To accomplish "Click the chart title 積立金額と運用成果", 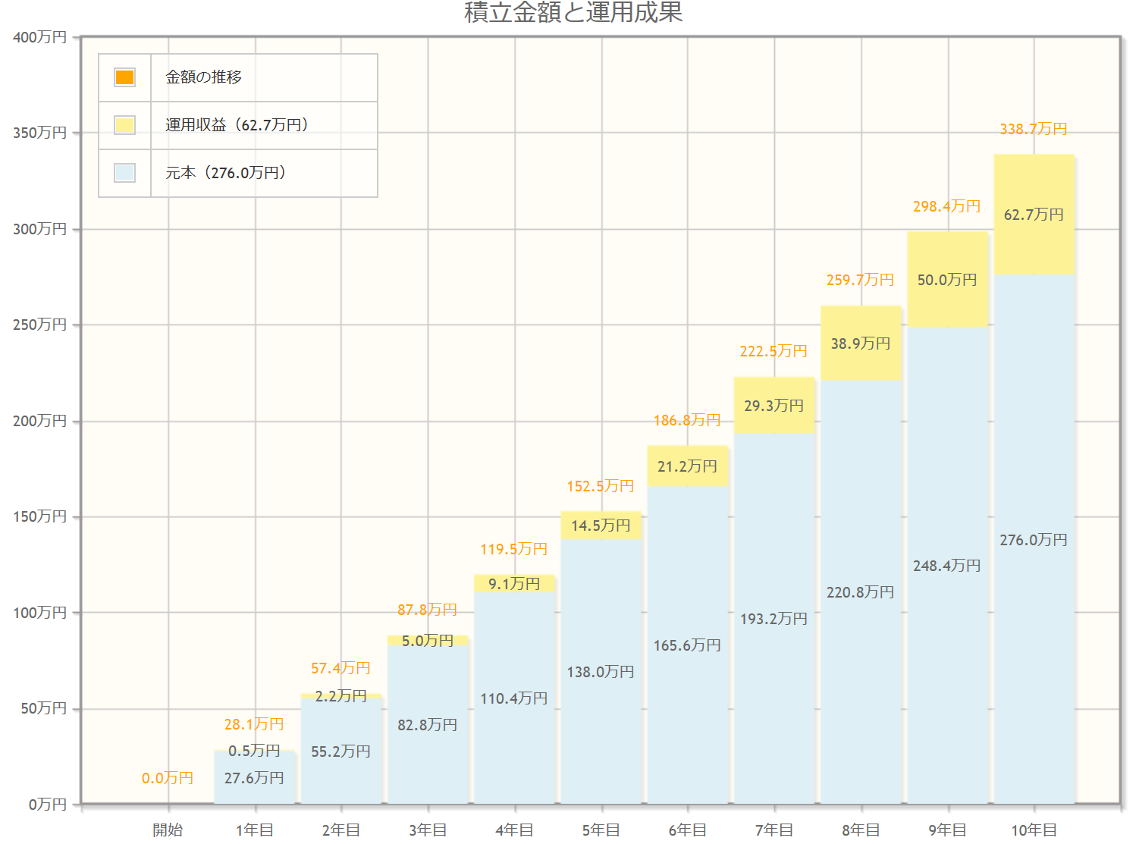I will [x=573, y=12].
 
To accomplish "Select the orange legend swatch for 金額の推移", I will [x=124, y=77].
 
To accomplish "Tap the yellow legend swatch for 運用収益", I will [x=124, y=125].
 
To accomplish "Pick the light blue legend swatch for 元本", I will [x=124, y=173].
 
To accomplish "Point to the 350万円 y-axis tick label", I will [x=40, y=133].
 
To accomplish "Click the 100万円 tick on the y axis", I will [x=40, y=613].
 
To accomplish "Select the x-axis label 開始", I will [x=168, y=830].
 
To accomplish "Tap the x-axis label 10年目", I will [x=1034, y=830].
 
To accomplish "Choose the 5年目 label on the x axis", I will [x=601, y=830].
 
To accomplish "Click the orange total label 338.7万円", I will [x=1033, y=129].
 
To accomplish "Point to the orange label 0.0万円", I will [x=168, y=778].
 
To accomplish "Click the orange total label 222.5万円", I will [x=773, y=351].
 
